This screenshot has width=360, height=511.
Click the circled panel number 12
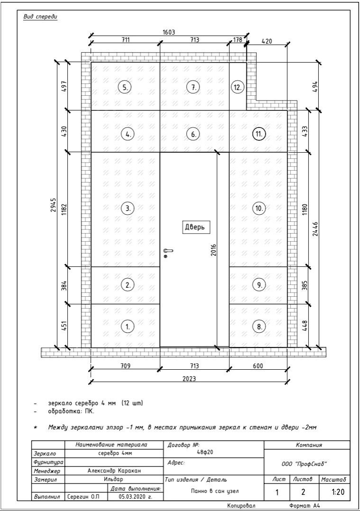pos(237,87)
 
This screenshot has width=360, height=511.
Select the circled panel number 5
pos(125,87)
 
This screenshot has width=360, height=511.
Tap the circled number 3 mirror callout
pos(127,209)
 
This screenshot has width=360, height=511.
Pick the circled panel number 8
pos(259,327)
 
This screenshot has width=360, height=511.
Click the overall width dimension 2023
pos(189,378)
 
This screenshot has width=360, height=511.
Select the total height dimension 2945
pos(53,205)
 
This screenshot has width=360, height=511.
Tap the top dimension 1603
pos(169,32)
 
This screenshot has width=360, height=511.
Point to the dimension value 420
pos(267,41)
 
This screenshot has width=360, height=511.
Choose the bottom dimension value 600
pos(258,365)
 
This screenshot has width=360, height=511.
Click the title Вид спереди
pos(40,17)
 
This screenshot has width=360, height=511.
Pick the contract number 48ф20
pos(205,452)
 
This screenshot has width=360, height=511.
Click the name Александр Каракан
pos(114,471)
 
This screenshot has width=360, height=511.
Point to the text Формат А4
pos(305,505)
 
